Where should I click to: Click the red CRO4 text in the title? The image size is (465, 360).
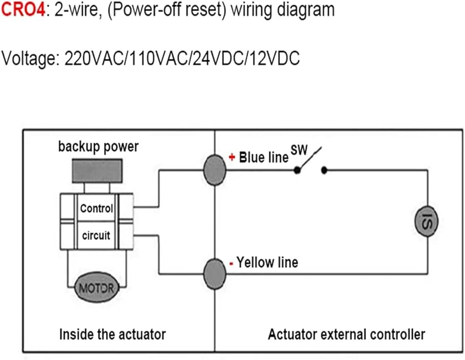(x=23, y=9)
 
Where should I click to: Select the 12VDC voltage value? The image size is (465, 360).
(x=275, y=58)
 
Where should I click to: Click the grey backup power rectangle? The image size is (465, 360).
(x=97, y=170)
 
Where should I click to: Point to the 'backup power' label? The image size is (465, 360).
(x=99, y=147)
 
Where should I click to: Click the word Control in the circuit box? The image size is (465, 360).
(x=97, y=208)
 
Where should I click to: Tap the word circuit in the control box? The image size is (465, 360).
(x=96, y=236)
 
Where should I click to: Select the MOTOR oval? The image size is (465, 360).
(x=97, y=288)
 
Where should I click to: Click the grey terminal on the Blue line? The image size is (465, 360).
(x=215, y=170)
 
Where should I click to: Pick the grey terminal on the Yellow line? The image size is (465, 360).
(x=215, y=274)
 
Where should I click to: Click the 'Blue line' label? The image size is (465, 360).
(x=264, y=157)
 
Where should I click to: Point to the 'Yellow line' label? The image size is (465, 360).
(x=267, y=262)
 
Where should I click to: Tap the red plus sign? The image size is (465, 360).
(x=232, y=157)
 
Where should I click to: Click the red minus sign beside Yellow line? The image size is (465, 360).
(x=231, y=263)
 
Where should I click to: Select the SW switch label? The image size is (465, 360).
(x=299, y=150)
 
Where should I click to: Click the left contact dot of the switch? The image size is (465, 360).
(x=297, y=170)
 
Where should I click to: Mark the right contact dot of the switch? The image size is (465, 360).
(x=324, y=170)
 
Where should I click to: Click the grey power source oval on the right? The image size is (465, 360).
(x=426, y=221)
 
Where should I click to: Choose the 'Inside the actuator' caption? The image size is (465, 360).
(x=113, y=334)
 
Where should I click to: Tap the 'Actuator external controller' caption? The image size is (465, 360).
(x=346, y=334)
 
